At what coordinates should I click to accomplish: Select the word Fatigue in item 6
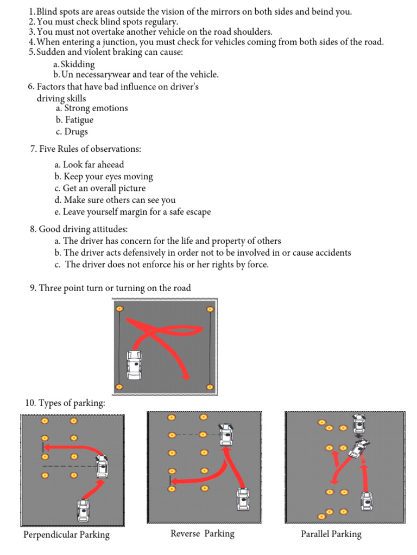click(79, 120)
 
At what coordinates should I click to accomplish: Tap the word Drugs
click(76, 132)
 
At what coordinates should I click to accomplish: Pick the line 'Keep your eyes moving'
click(108, 177)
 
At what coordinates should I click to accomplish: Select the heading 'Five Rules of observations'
click(90, 149)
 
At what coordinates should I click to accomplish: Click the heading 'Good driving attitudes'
click(83, 229)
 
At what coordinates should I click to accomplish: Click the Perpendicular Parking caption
click(66, 535)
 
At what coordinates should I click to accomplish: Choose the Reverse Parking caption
click(203, 534)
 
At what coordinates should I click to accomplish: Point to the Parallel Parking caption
click(331, 534)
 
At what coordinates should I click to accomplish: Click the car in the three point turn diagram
click(134, 365)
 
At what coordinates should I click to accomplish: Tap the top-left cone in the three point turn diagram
click(119, 309)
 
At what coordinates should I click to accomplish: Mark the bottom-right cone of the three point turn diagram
click(210, 386)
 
